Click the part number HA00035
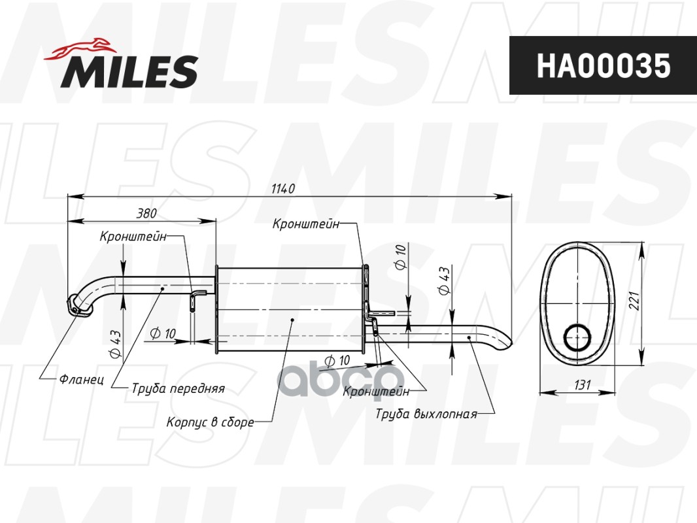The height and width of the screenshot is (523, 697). point(603,65)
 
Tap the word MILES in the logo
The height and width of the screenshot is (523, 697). point(129,71)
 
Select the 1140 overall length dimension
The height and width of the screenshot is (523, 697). point(283,188)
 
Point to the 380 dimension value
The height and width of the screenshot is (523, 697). point(146,213)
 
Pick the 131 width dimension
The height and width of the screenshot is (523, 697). point(578,386)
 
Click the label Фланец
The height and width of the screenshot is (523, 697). point(81,379)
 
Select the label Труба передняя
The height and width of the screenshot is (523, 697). point(178,388)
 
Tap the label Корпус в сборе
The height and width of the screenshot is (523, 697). point(210,422)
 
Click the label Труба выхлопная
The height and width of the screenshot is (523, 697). point(426,414)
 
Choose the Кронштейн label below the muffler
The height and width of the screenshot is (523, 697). point(376,391)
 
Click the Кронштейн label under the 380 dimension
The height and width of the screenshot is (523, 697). point(133,237)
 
